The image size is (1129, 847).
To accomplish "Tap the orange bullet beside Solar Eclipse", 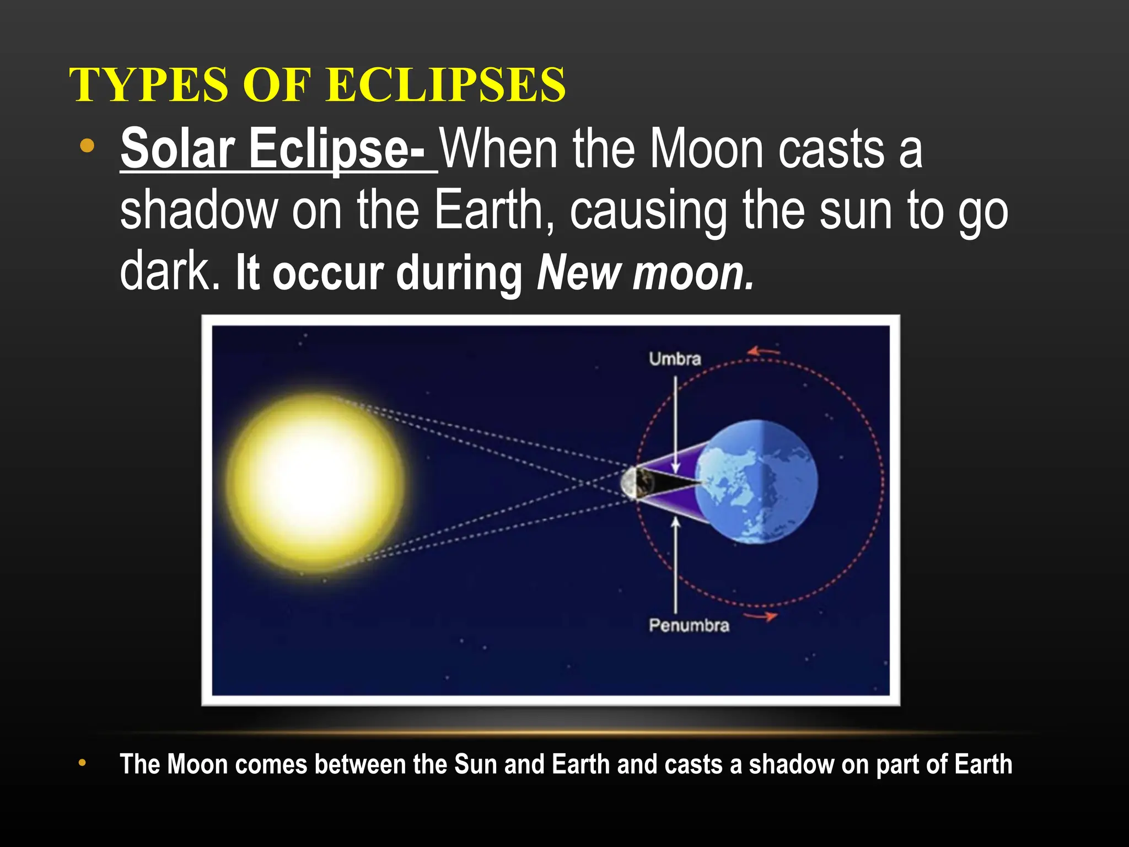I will tap(87, 146).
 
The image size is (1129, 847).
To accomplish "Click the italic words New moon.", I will tap(645, 273).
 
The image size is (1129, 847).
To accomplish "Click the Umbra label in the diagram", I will tap(675, 359).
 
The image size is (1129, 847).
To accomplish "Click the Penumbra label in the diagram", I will tap(689, 625).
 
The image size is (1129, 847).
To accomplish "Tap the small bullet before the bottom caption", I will tap(82, 763).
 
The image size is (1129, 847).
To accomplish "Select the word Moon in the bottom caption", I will tap(197, 764).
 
